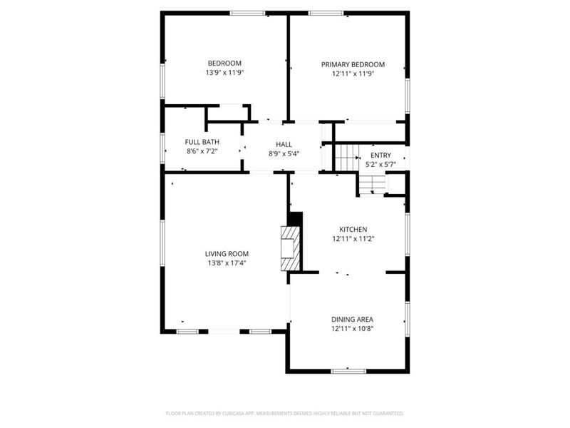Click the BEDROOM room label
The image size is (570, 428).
tap(224, 63)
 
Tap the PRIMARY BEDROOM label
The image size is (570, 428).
tap(353, 63)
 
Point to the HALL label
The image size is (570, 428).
tap(284, 144)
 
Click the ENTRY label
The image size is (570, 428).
tap(380, 155)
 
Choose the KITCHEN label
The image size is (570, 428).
tap(353, 229)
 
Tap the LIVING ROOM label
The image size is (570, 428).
tap(227, 253)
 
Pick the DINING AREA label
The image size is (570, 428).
tap(353, 319)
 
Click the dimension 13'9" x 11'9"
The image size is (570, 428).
tap(224, 73)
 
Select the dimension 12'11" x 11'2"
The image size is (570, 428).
tap(353, 239)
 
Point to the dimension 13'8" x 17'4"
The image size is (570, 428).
tap(227, 263)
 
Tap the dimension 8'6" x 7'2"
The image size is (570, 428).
tap(200, 151)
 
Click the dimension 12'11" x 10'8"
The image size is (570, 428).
tap(353, 329)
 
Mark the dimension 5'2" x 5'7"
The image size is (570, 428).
tap(380, 164)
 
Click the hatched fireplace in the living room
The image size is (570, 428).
tap(290, 249)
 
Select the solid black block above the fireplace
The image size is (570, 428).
tap(295, 219)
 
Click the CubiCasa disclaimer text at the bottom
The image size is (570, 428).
tap(285, 413)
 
